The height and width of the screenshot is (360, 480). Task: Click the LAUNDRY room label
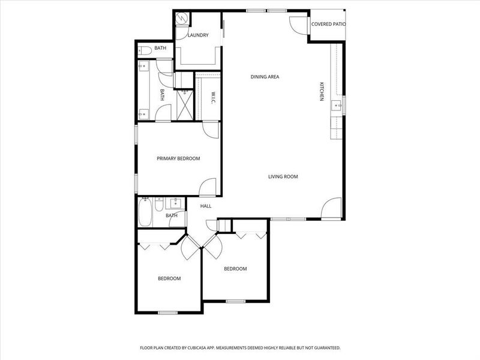197,35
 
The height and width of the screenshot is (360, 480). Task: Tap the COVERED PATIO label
328,25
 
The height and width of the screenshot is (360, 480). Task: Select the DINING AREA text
265,77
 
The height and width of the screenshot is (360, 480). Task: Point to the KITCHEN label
322,91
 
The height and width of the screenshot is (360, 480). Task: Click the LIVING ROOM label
283,176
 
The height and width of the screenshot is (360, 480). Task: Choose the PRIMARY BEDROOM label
178,158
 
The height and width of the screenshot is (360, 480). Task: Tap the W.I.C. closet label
213,98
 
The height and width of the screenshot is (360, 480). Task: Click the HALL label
206,206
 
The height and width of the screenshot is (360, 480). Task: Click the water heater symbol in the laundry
181,18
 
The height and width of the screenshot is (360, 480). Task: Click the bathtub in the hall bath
145,212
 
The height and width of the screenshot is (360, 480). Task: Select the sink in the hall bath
176,203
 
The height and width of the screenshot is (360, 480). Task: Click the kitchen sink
344,103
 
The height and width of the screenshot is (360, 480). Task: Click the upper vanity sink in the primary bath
143,67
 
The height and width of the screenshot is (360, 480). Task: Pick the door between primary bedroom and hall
208,187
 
